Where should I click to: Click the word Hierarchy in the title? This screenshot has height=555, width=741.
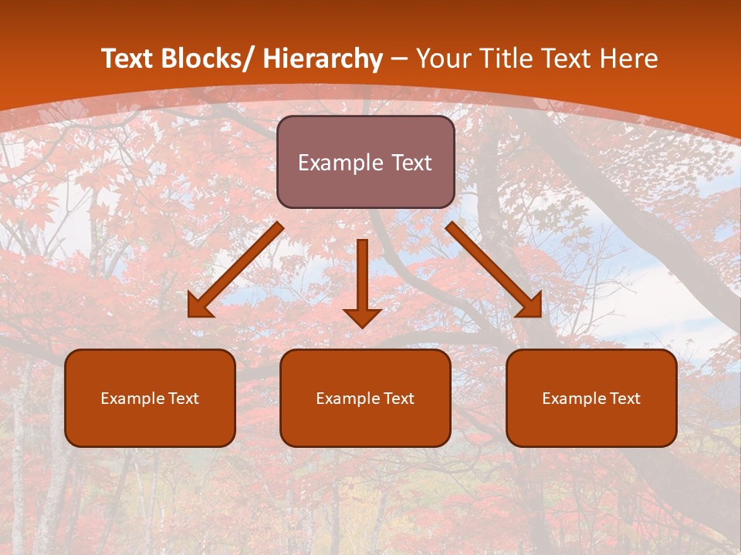(323, 59)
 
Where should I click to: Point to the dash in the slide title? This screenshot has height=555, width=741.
(399, 59)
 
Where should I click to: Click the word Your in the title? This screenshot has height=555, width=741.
(445, 59)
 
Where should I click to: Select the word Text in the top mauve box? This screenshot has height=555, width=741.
(410, 163)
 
